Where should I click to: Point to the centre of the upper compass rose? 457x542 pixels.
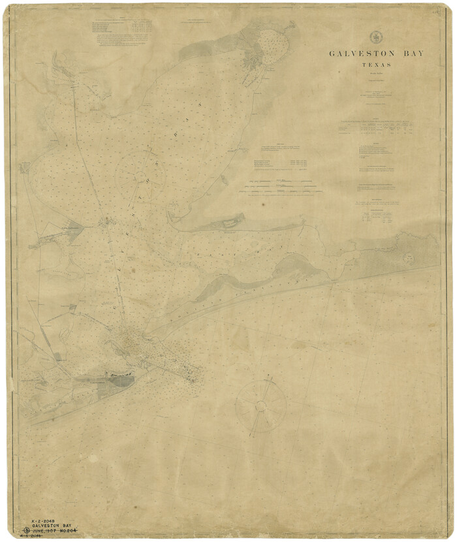click(x=140, y=174)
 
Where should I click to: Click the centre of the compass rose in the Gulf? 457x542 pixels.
click(x=260, y=406)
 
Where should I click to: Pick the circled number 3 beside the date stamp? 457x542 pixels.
click(x=27, y=530)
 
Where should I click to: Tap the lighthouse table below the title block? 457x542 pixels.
click(x=375, y=130)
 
